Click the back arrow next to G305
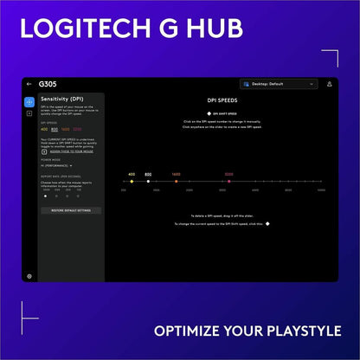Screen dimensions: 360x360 [x=29, y=84]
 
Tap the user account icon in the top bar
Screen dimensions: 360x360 [x=329, y=84]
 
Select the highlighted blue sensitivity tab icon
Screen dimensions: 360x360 [x=29, y=102]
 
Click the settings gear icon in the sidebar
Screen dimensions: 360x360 [x=29, y=276]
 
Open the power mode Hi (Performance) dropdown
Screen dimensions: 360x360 [x=56, y=164]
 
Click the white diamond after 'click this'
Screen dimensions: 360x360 [x=267, y=223]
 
